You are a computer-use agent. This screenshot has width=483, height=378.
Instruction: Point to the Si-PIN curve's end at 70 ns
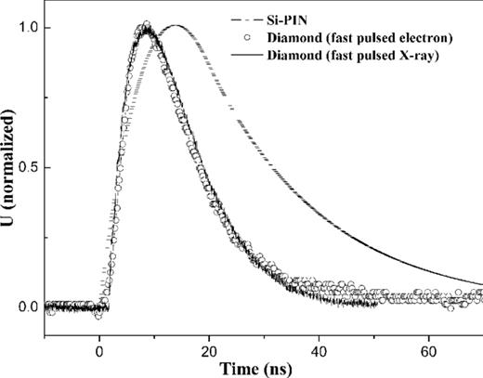pyautogui.click(x=481, y=283)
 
